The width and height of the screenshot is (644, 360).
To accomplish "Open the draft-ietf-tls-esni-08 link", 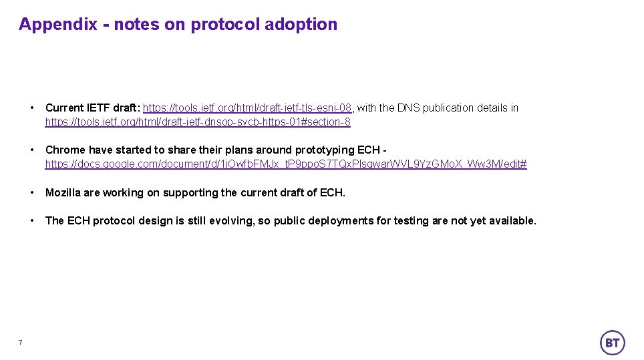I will coord(247,108).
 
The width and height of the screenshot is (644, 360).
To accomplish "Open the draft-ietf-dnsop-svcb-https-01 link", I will coord(198,122).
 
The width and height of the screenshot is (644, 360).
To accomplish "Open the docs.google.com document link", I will coord(286,164).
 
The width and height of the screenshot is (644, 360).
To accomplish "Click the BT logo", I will coord(612,343).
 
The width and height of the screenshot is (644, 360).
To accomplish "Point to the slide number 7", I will coord(20,343).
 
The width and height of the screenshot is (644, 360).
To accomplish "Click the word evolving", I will coord(231,220).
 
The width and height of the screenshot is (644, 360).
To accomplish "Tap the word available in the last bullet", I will coord(511,220).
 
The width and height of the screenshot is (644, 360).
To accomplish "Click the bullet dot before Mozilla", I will coord(32,192).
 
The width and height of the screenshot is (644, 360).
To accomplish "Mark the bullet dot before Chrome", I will coord(32,150).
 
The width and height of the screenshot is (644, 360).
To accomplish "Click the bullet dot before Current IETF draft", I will coord(32,108).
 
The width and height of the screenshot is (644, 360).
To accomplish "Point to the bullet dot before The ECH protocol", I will coord(32,220).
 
